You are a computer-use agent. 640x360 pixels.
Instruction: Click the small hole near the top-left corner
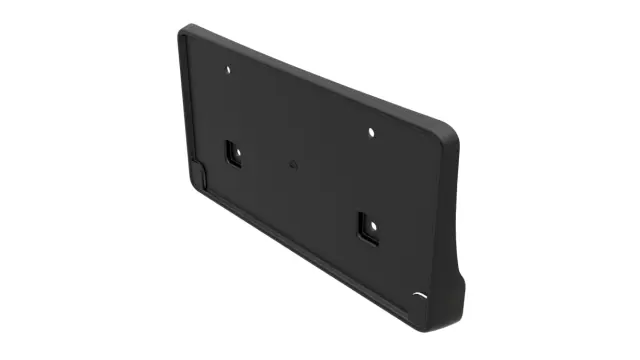[229, 70]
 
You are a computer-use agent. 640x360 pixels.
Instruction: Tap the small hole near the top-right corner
[371, 131]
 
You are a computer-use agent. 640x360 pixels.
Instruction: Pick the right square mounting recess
[367, 228]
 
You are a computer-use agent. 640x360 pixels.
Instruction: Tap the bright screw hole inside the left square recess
[233, 154]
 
